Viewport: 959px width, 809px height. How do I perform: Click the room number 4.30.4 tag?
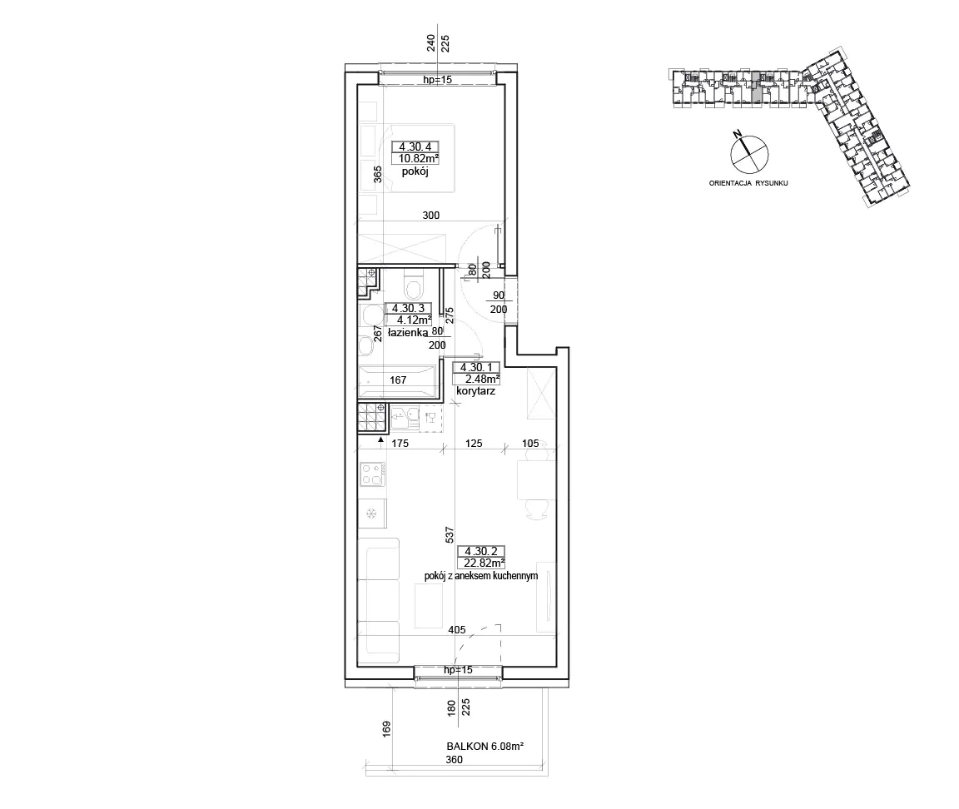[416, 146]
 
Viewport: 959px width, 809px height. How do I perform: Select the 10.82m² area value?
[419, 158]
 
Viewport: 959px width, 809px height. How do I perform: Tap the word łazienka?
[408, 333]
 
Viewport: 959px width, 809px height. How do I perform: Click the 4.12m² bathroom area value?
[414, 320]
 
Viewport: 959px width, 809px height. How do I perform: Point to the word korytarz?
[475, 390]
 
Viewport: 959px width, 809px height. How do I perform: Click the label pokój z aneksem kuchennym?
[480, 576]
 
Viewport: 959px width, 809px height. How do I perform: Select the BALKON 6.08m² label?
[485, 747]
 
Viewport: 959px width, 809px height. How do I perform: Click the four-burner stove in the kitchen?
[372, 474]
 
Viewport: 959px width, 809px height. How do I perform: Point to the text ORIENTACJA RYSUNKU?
[748, 183]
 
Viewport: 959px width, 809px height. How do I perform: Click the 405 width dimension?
[457, 629]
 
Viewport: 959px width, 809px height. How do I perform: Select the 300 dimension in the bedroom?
[431, 216]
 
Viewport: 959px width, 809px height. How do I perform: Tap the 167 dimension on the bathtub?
[398, 380]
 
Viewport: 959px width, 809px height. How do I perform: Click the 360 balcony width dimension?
[454, 760]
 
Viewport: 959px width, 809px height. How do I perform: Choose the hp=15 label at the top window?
[438, 80]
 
